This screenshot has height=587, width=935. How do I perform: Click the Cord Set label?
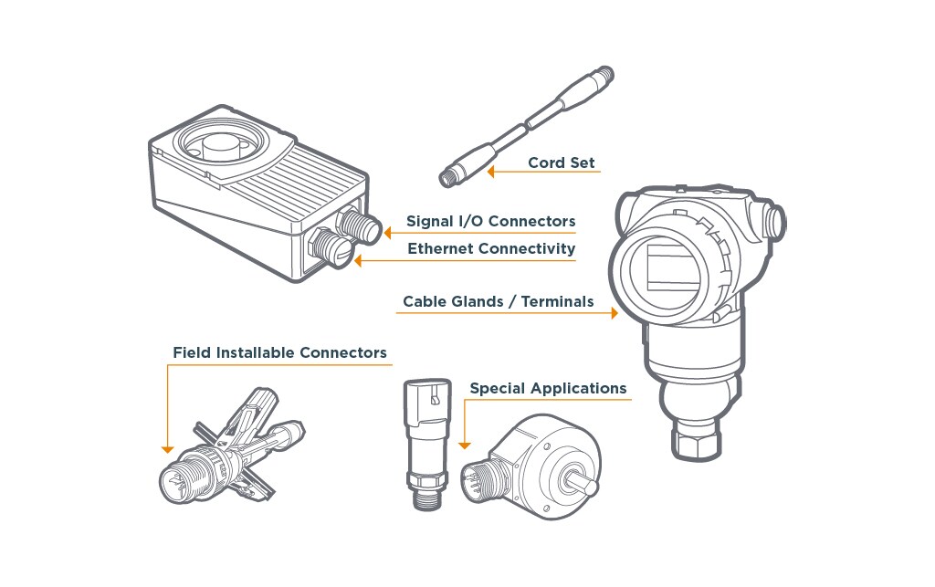pos(562,162)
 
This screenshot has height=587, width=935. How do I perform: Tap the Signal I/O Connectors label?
pos(490,221)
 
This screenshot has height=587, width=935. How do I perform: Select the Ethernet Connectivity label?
pos(491,248)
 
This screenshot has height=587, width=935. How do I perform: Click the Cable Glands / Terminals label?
pos(498,301)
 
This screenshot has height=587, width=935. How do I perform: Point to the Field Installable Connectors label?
pos(279,352)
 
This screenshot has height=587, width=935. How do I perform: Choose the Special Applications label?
pos(548,389)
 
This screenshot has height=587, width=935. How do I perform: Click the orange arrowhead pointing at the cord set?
pos(490,172)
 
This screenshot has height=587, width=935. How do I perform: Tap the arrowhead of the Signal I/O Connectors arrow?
pos(387,233)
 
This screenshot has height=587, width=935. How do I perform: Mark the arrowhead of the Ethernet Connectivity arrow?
pos(358,260)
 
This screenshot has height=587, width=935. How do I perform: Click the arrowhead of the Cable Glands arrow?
pos(615,313)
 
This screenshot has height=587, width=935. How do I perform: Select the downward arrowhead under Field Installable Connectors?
pos(168,449)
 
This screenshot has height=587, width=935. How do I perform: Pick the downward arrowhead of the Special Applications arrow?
pos(465,445)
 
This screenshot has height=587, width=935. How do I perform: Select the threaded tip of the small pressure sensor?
pos(427,495)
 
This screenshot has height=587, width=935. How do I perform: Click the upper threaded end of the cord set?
pos(604,75)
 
